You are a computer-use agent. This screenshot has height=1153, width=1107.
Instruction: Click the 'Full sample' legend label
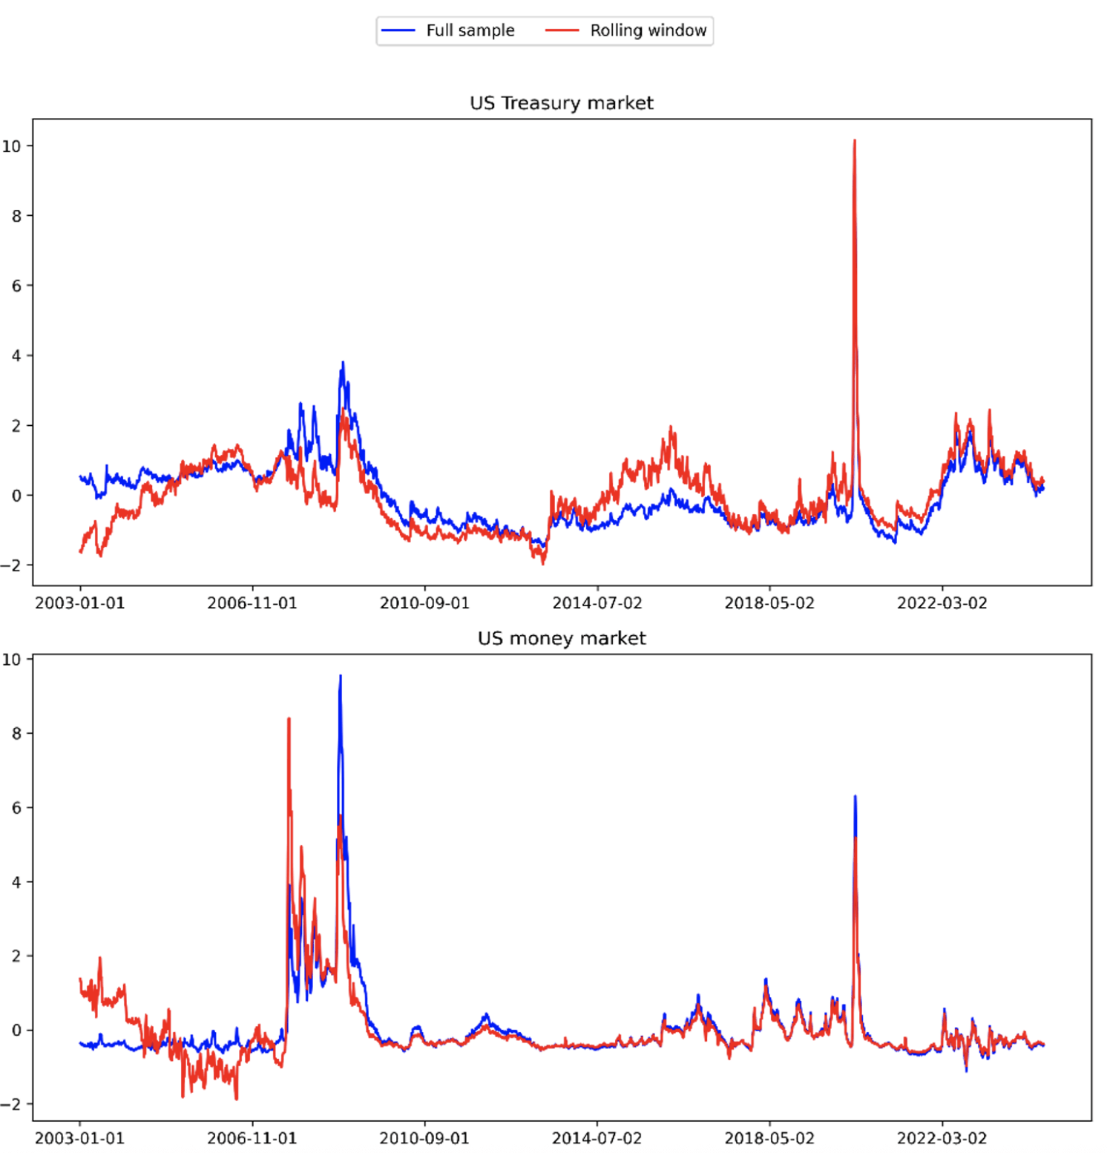point(470,30)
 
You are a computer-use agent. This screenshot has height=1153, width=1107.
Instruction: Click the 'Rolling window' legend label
point(648,30)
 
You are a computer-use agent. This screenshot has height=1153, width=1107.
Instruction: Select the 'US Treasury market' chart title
point(561,103)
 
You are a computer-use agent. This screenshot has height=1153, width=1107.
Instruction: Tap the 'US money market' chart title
point(561,638)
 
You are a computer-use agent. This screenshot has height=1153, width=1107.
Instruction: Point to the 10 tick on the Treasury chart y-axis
point(12,146)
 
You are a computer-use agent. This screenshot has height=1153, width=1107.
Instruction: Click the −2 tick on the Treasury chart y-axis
point(12,565)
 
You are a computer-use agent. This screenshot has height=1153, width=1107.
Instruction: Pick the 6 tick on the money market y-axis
point(16,808)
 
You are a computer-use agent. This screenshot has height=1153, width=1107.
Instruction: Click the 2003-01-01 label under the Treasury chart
point(79,603)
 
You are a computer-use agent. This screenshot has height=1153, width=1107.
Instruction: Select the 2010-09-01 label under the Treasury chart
point(424,603)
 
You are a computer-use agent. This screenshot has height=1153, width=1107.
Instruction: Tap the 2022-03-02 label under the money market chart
point(942,1138)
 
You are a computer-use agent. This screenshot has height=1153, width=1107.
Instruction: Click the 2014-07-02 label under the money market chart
point(597,1138)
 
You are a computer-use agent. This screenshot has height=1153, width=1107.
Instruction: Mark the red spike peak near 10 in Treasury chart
point(855,140)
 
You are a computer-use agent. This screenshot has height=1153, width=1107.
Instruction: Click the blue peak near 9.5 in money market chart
point(341,676)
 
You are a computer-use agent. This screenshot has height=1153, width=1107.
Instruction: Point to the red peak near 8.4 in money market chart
point(289,719)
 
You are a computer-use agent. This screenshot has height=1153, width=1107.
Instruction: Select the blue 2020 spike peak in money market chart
point(855,797)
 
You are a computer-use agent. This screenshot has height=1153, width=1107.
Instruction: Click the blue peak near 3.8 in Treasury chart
point(342,363)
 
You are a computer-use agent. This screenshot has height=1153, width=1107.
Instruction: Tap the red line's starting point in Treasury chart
point(80,552)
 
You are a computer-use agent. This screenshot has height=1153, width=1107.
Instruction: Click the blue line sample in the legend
point(398,30)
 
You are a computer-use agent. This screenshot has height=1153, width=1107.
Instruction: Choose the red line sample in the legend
point(562,30)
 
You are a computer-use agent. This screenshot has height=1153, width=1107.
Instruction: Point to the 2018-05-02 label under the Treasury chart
point(769,603)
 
